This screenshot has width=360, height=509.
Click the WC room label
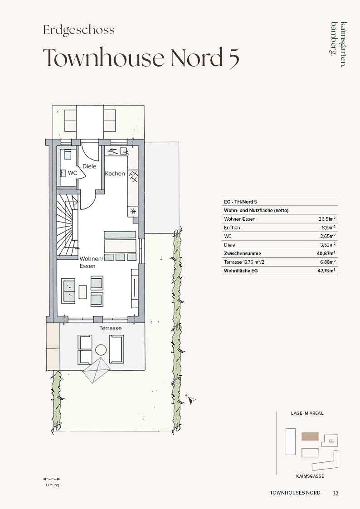pos(73,173)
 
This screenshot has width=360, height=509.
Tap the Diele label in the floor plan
pos(89,166)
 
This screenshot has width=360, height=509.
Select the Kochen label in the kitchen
pos(115,174)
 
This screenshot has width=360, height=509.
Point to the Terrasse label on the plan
pos(110,328)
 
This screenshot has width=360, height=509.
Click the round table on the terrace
pos(101,350)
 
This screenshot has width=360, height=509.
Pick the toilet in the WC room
pos(68,154)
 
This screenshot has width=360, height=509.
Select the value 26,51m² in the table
pos(327,219)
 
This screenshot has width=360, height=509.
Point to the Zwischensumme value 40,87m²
pos(326,253)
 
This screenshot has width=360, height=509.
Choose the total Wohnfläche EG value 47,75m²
pos(326,271)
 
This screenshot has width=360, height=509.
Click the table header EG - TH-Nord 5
pos(241,202)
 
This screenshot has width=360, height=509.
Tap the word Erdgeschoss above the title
pos(79,30)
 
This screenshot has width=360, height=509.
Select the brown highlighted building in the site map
pos(310,436)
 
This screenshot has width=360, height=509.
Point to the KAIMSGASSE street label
pos(310,476)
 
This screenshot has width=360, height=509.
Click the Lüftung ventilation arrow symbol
pos(52,479)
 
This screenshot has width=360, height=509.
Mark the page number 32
pos(336,493)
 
